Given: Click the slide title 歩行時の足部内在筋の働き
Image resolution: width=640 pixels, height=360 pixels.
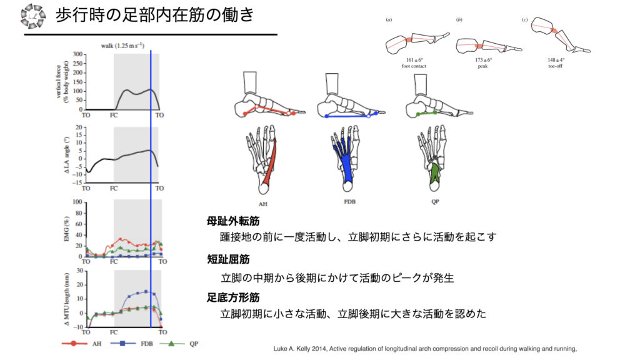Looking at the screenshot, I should pos(154,15).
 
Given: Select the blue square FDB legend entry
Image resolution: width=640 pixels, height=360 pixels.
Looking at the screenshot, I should pos(122,343).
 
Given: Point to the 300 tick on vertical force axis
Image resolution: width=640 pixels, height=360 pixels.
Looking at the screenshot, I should pos(78,54).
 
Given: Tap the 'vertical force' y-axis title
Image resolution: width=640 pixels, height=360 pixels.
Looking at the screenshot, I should pos(62,82).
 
